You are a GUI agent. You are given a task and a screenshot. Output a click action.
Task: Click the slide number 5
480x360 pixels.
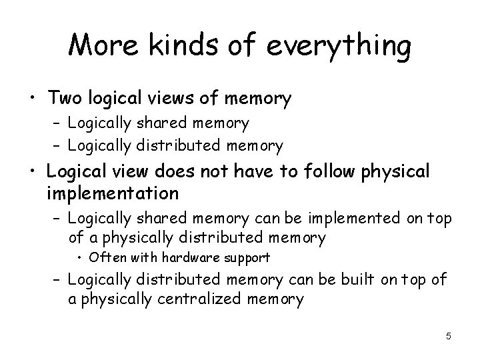[449, 336]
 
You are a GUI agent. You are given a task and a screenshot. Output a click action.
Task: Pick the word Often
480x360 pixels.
[105, 257]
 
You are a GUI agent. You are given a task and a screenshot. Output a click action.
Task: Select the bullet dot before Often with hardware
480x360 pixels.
[80, 258]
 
